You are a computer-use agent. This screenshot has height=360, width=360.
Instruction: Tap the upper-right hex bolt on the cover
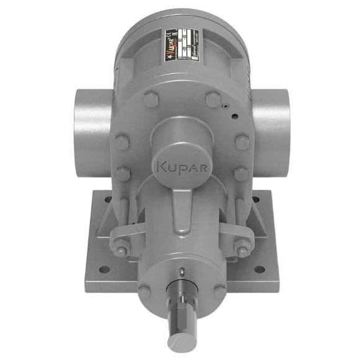tap(212, 99)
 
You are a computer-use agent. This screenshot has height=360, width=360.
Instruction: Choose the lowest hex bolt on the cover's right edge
tap(240, 173)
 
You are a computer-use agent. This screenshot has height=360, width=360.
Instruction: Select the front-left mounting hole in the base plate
tap(104, 269)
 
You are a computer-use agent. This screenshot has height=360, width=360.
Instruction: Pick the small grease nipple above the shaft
tap(180, 271)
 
